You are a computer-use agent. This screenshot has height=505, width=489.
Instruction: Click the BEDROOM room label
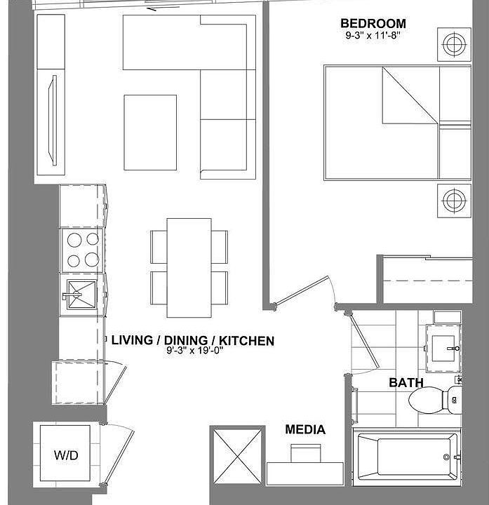373,24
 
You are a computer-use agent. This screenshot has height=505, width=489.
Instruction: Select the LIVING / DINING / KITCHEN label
193,341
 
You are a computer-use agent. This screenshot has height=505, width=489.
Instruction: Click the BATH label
406,383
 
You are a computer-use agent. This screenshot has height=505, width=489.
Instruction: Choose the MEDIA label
305,430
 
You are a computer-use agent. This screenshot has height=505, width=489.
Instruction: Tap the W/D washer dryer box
67,454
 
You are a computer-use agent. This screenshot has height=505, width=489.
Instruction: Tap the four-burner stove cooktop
82,250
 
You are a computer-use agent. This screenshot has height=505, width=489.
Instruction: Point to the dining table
189,267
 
